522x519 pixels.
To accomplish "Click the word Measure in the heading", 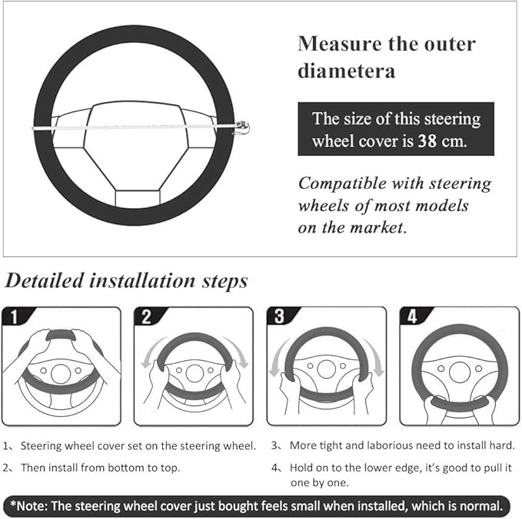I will click(x=336, y=43).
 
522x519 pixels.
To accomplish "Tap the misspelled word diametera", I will click(x=346, y=71).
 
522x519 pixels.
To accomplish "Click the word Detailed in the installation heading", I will click(x=44, y=281).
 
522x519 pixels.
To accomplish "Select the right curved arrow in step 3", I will click(x=375, y=357).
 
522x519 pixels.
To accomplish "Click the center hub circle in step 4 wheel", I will click(x=460, y=370).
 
